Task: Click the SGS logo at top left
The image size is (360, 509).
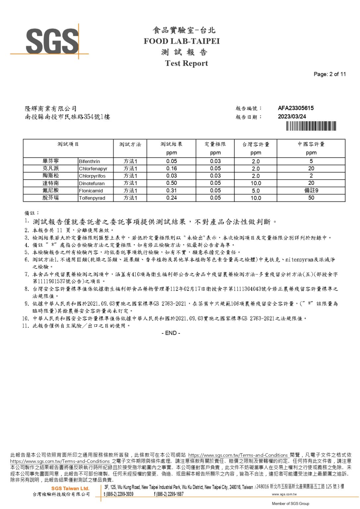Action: [52, 41]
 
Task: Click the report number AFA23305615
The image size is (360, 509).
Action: [295, 108]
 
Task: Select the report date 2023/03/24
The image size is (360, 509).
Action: [292, 117]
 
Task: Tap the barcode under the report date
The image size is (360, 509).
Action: [311, 126]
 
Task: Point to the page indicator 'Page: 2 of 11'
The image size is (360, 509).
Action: [330, 74]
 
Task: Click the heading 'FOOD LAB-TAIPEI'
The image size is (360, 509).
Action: [182, 41]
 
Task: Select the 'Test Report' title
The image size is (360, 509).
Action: [186, 63]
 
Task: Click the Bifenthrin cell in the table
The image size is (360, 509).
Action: [90, 161]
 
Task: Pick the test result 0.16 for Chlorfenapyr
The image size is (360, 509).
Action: [171, 168]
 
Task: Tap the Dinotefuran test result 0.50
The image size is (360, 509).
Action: [171, 183]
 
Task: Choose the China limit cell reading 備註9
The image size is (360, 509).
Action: [311, 190]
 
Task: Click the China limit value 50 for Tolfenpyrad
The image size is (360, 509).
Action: [311, 198]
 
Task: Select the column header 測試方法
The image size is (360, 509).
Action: [130, 144]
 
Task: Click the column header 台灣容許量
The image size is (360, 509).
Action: [256, 144]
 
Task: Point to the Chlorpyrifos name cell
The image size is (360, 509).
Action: [92, 176]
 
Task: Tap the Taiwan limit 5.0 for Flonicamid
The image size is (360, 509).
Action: [256, 191]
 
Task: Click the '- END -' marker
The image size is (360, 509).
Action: [171, 333]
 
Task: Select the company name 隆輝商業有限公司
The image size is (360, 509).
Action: [50, 109]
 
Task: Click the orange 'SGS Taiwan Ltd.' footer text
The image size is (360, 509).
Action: [70, 488]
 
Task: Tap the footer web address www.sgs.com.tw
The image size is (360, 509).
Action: [284, 494]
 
